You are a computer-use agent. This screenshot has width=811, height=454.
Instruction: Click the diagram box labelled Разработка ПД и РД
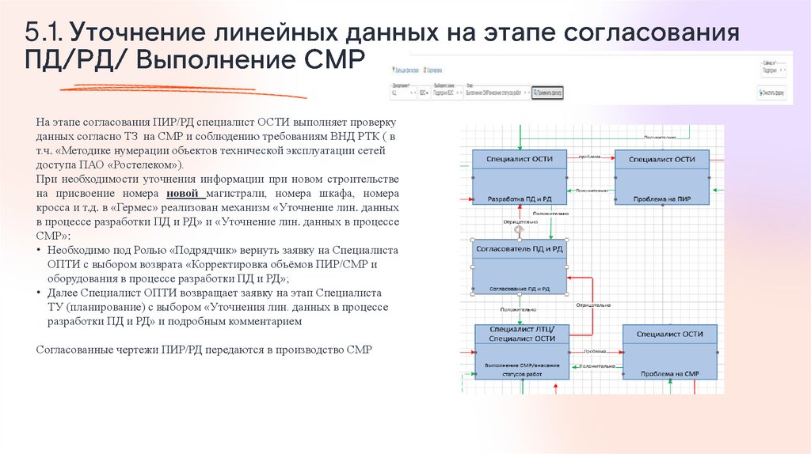(x=519, y=198)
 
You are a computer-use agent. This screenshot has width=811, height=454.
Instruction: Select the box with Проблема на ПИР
(x=662, y=198)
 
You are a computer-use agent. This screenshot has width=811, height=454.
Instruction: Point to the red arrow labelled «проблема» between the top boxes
(x=591, y=157)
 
